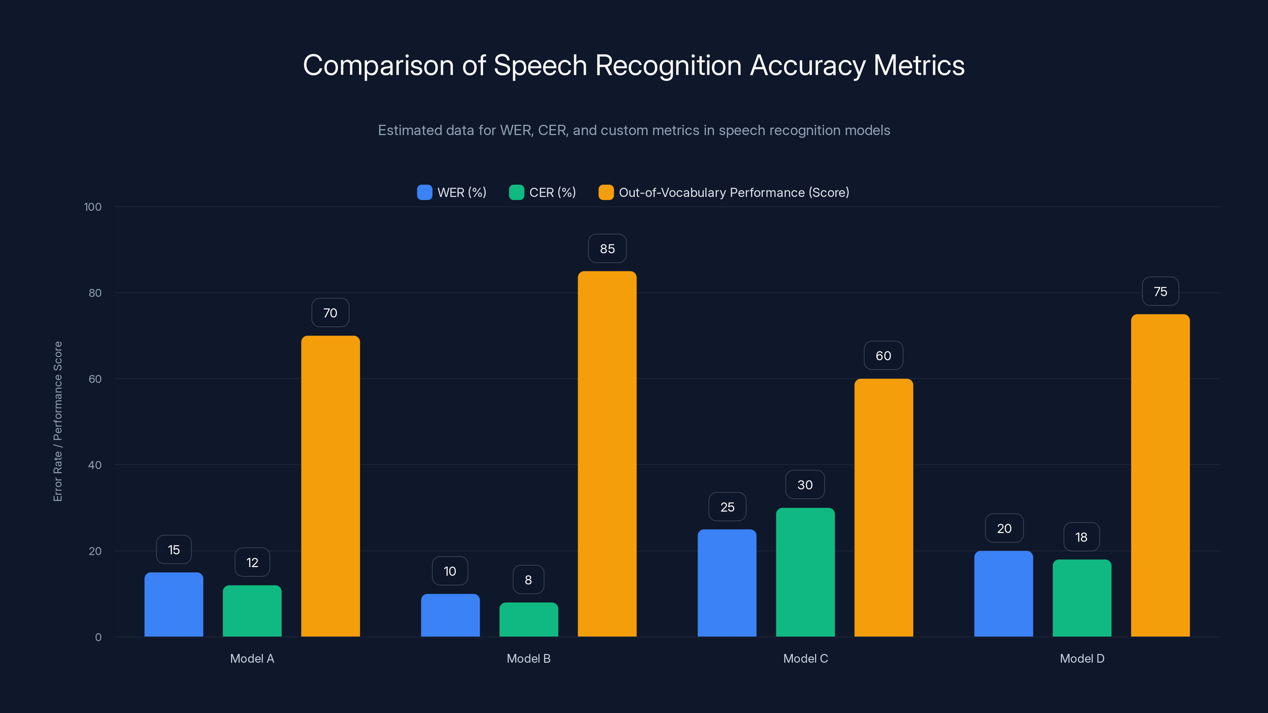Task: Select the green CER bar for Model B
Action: tap(529, 620)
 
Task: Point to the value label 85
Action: tap(607, 248)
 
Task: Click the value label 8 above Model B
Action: tap(528, 580)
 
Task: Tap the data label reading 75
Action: tap(1160, 291)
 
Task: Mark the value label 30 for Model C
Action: tap(805, 485)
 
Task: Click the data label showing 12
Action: tap(252, 562)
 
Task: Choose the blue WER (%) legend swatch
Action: tap(424, 193)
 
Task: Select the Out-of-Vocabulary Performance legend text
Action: tap(733, 193)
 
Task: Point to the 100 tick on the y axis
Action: tap(93, 207)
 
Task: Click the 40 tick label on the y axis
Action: tap(95, 465)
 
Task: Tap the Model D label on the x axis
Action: tap(1082, 658)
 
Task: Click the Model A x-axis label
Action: tap(252, 658)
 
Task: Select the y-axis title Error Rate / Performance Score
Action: tap(57, 421)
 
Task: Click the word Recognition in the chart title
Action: tap(668, 65)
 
